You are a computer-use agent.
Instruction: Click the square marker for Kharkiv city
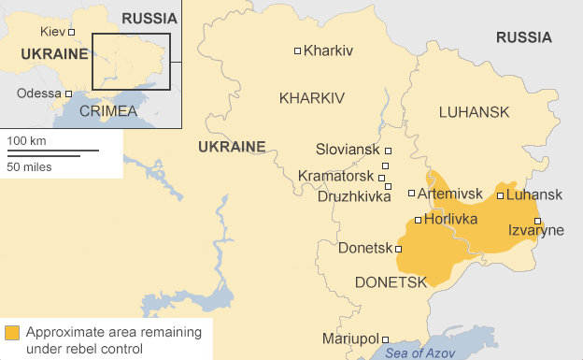pos(297,50)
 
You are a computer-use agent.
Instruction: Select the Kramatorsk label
pos(337,175)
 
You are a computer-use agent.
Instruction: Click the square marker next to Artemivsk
pos(411,194)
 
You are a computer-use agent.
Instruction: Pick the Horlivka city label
pos(450,219)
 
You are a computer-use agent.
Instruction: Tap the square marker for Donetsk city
pos(399,249)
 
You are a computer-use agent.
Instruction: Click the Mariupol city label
pos(348,338)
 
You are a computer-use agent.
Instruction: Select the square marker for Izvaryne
pos(537,221)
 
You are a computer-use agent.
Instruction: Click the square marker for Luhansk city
pos(500,195)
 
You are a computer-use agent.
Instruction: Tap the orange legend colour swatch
pos(12,333)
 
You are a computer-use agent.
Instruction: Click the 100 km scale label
pos(27,140)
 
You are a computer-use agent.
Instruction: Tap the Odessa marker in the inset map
pos(68,94)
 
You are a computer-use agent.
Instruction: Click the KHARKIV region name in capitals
pos(312,98)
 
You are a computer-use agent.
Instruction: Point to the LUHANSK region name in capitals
pos(474,112)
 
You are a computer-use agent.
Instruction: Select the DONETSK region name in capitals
pos(391,281)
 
